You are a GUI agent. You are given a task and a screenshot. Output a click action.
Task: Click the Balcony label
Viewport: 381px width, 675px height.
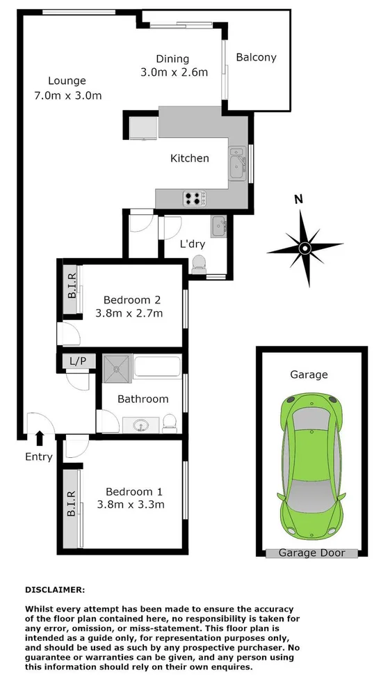click(x=256, y=58)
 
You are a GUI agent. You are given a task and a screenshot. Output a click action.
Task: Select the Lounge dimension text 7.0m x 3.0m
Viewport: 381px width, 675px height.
click(x=67, y=95)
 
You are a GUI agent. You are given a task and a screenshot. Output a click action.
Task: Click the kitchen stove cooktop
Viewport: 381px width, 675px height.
click(x=193, y=198)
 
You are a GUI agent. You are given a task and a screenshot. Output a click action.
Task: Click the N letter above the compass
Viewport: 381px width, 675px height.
click(x=298, y=199)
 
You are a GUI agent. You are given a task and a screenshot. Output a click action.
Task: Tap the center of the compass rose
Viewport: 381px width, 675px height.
click(x=305, y=248)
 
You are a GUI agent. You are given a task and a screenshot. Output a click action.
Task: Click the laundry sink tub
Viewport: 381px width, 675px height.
click(x=218, y=225)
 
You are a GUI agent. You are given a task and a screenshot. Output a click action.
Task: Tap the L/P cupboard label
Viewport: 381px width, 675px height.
click(x=77, y=361)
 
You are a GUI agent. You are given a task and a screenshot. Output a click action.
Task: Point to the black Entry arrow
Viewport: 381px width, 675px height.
click(x=39, y=437)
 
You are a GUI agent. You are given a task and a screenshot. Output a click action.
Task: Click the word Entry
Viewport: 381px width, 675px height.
click(x=39, y=456)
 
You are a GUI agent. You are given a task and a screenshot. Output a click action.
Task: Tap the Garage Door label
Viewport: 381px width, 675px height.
click(x=311, y=553)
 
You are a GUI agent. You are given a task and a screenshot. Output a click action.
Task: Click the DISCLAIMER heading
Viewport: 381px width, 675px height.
click(x=55, y=589)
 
